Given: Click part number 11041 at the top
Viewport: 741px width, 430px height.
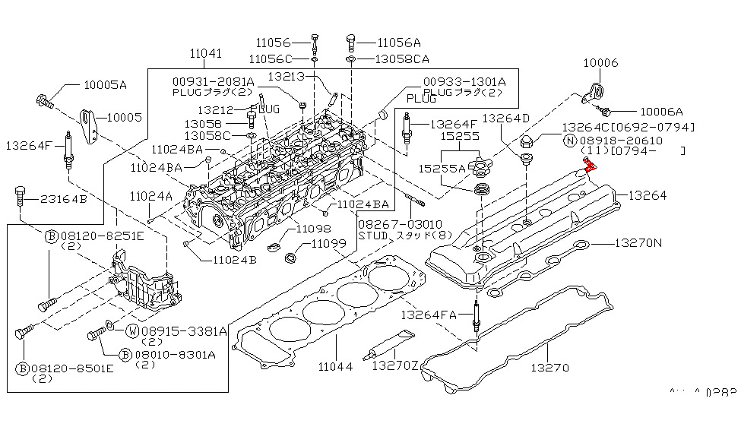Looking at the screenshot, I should coord(207,53).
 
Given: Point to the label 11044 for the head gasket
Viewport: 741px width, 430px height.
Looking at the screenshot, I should coord(334,366).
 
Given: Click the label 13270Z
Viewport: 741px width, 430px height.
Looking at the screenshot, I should coord(394,366).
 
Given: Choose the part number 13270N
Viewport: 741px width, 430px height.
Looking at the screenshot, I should coord(638,244).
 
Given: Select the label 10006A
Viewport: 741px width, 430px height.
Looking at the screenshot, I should coord(660,111).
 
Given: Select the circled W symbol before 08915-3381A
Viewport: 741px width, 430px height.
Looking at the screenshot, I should coord(131,330).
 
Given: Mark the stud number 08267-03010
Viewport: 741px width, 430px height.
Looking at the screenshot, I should coord(388,225).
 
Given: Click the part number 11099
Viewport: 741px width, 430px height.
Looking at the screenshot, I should coord(329,245).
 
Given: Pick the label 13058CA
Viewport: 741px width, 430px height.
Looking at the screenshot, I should coord(403,58).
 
